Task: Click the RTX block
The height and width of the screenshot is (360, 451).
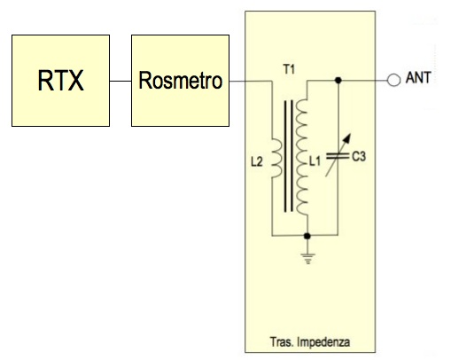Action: coord(60,81)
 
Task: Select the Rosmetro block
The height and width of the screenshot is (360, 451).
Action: coord(180,81)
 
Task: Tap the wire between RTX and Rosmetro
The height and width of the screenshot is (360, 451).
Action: coord(121,81)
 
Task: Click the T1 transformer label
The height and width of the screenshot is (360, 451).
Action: coord(289,70)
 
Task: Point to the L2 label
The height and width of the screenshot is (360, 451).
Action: coord(257,162)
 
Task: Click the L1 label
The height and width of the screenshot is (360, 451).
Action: coord(315,161)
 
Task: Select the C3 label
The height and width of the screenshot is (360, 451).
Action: coord(359,156)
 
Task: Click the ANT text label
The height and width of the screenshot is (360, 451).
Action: coord(418,78)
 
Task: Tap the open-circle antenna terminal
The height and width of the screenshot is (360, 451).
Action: coord(393,80)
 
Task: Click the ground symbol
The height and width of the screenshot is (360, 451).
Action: coord(307,259)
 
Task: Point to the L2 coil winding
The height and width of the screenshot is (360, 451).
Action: coord(276,158)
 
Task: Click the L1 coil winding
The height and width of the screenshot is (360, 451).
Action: coord(302,157)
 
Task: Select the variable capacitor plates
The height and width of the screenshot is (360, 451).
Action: coord(338,156)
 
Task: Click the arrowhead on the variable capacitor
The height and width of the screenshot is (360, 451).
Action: coord(347,138)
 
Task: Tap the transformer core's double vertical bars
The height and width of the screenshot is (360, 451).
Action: coord(289,156)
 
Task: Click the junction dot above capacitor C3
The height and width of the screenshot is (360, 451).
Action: coord(338,80)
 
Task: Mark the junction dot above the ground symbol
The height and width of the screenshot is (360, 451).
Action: coord(307,236)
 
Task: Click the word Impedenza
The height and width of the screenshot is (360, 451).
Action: coord(323,342)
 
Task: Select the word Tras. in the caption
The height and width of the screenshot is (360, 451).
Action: coord(282,341)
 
